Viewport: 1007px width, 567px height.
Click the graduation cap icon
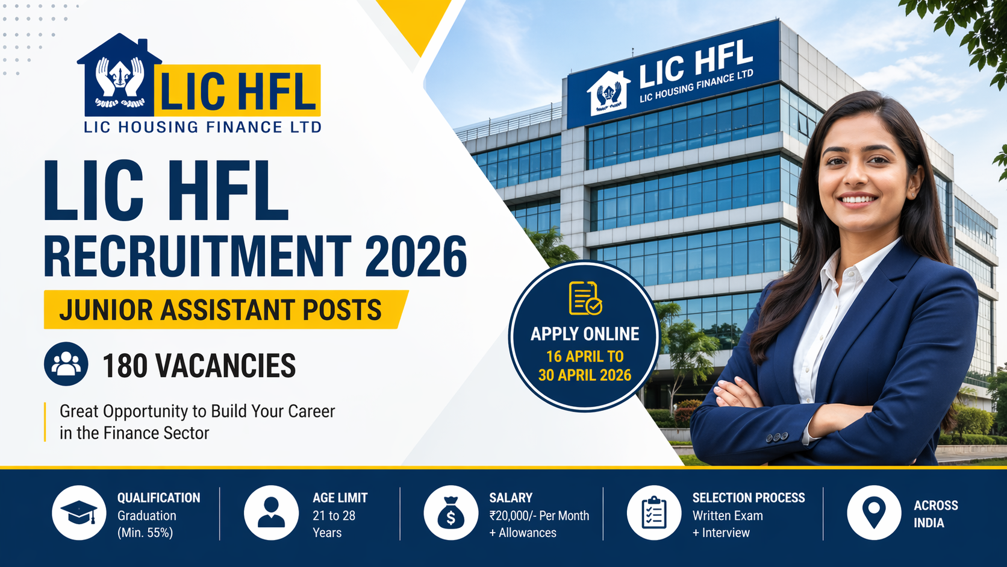point(79,513)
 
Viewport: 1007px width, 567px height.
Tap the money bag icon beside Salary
point(450,513)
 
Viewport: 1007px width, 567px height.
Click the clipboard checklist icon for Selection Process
point(654,513)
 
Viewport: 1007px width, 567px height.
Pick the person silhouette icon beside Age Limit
point(271,513)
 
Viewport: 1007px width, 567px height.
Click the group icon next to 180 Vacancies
point(66,364)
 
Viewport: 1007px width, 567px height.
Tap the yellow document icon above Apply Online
point(585,298)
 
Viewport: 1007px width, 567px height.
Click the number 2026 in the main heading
point(416,257)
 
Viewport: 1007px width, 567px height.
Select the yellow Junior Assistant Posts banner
point(223,310)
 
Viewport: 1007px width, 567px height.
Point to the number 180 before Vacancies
point(125,366)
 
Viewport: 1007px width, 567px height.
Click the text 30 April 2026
point(584,375)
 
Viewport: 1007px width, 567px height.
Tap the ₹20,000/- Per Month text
point(539,516)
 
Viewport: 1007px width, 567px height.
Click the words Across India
point(935,514)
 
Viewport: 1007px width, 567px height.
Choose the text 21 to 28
point(334,516)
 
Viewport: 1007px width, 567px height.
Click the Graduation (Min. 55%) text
point(146,524)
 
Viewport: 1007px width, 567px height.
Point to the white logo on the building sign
point(609,92)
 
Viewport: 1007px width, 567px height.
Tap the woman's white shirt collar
point(843,271)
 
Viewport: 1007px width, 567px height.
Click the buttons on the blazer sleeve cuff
point(776,437)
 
